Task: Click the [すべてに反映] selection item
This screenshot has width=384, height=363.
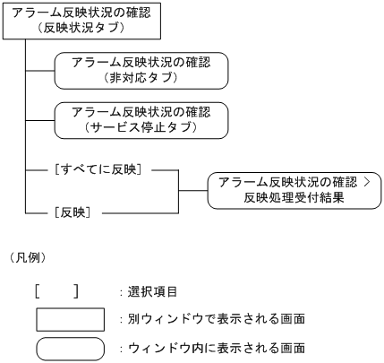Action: pos(100,169)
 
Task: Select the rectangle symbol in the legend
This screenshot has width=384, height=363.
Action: pos(64,319)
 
